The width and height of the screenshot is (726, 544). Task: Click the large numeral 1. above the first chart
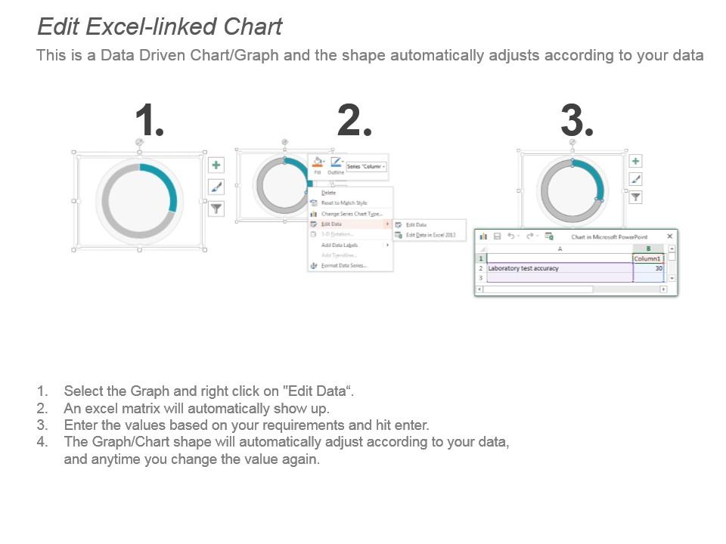[149, 121]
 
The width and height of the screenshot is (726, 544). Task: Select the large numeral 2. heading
[354, 121]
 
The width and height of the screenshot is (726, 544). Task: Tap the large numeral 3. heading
[576, 121]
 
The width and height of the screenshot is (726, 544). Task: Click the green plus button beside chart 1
[216, 165]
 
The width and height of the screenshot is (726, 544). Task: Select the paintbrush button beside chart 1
[216, 187]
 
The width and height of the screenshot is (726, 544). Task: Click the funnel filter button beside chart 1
[216, 209]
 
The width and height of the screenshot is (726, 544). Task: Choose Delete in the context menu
[329, 193]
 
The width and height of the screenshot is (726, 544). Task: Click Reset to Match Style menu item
[343, 203]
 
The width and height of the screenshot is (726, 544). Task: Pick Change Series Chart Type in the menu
[351, 214]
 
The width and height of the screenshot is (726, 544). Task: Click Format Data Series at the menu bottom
[343, 265]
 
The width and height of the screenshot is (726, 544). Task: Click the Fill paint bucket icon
[318, 162]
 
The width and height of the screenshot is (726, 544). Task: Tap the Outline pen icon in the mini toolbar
[336, 162]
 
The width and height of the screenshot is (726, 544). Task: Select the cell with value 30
[649, 268]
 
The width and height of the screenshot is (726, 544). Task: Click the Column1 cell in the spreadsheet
[647, 258]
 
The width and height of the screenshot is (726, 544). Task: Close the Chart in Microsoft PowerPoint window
[669, 236]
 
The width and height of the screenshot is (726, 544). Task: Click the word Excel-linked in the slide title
[154, 26]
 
